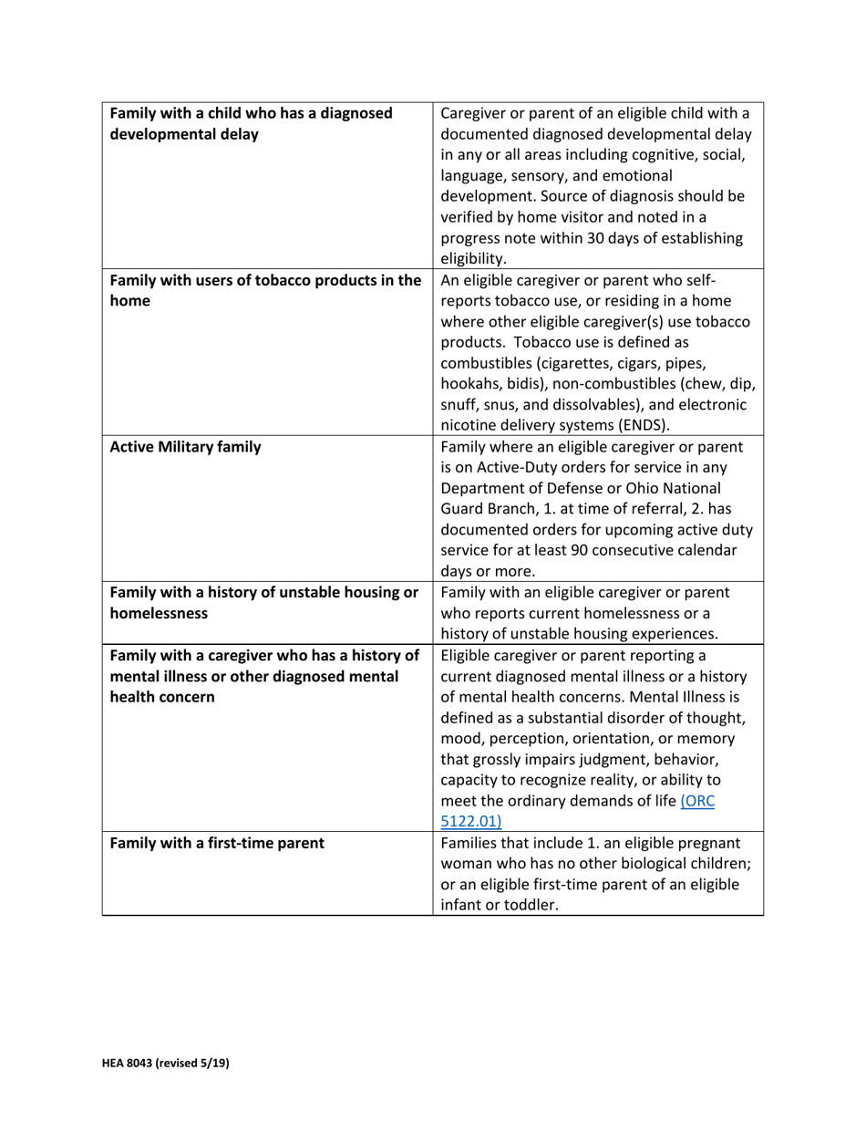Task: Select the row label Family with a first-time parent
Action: pyautogui.click(x=217, y=843)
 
